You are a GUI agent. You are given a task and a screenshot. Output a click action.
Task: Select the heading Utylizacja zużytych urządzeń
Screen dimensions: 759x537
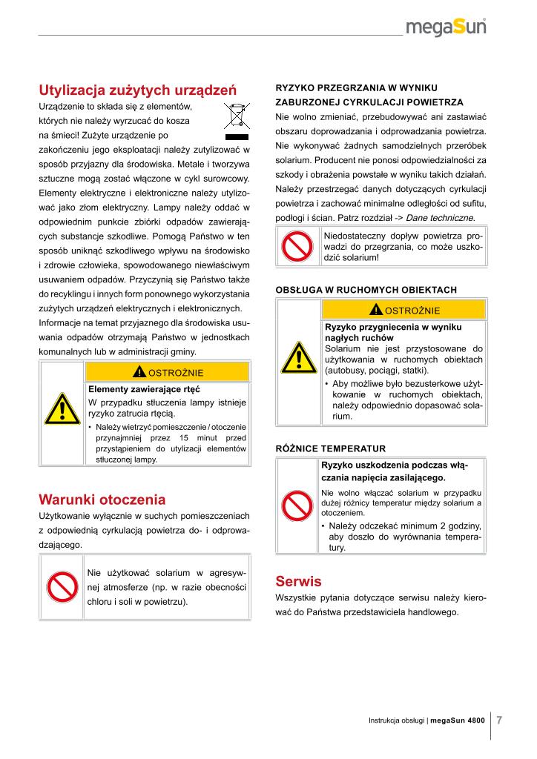click(x=137, y=90)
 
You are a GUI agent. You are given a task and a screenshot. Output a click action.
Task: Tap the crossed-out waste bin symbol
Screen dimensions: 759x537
click(x=237, y=122)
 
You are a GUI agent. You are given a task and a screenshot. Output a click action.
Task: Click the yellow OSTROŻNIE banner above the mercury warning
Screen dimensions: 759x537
click(x=168, y=371)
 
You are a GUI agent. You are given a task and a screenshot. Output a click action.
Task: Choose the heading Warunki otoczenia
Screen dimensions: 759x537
click(x=102, y=498)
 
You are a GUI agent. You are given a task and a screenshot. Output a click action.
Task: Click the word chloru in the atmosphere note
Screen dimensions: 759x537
click(x=100, y=601)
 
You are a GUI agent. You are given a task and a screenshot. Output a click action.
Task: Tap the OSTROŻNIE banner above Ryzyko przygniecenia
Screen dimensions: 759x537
click(x=405, y=310)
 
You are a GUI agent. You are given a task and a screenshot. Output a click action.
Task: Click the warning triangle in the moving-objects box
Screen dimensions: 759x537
click(x=298, y=358)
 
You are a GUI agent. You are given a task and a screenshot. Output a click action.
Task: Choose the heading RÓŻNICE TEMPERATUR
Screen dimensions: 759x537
click(x=331, y=448)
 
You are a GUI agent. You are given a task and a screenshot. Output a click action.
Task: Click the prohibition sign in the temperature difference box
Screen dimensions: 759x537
click(x=298, y=506)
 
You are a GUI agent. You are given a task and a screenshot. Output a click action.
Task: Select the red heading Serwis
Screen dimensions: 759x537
click(x=298, y=580)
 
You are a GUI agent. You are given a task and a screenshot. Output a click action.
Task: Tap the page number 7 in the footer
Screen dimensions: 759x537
click(x=500, y=720)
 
